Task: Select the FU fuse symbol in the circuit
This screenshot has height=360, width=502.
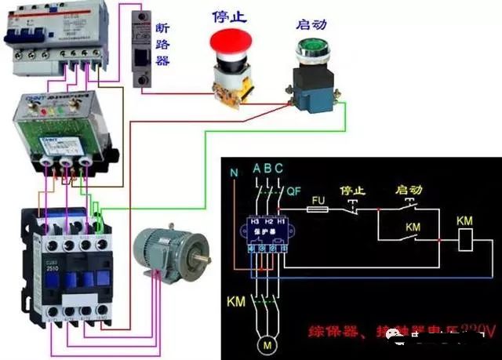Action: click(318, 202)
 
